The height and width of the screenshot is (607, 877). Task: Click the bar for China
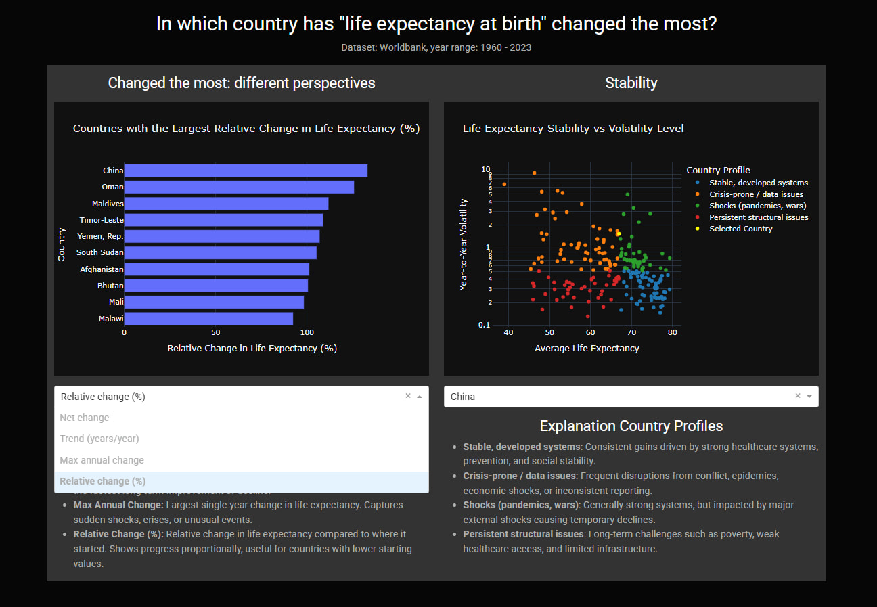(245, 171)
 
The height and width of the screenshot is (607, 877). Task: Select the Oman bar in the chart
(238, 187)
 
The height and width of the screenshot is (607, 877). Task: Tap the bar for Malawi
(208, 318)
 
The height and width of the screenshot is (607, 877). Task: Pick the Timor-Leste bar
(223, 220)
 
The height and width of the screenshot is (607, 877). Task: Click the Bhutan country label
(110, 286)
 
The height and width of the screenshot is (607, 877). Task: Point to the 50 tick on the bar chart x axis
(215, 333)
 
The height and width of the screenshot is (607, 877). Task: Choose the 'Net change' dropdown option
(85, 418)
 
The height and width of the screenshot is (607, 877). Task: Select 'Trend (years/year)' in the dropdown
(99, 439)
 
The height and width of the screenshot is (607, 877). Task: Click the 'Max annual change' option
(102, 460)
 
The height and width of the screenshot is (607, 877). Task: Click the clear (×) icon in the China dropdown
(798, 396)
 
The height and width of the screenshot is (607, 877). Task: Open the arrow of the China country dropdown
(809, 397)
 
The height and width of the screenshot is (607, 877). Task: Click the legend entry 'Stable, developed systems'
(758, 183)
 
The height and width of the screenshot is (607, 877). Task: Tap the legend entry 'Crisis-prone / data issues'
(756, 194)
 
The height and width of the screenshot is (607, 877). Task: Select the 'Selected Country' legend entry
(740, 229)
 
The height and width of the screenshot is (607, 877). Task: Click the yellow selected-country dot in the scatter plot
(618, 234)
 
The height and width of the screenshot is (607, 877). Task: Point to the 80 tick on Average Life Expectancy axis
(672, 332)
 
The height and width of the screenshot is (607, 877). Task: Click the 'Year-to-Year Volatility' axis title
(464, 244)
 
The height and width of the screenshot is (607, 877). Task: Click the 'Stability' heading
(631, 83)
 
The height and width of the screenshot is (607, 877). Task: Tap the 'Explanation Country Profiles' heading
(631, 426)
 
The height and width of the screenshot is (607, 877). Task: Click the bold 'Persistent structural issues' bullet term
(523, 534)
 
